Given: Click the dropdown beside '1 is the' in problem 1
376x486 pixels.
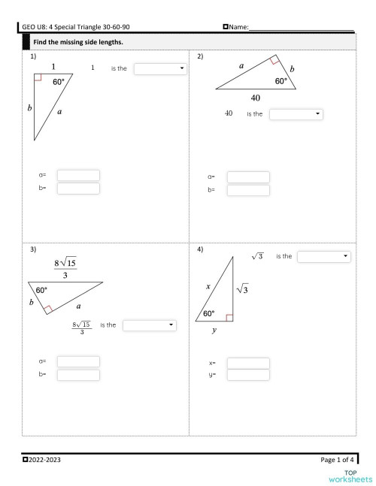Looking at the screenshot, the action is tap(161, 69).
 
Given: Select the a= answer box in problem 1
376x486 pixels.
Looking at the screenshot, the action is tap(78, 175).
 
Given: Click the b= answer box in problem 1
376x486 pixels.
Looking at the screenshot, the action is tap(78, 189).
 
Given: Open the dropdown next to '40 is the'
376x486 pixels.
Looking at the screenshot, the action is tap(296, 114).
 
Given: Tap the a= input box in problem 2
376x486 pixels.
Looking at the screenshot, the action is tap(247, 177).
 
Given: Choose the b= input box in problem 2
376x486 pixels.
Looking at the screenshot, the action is tap(247, 191).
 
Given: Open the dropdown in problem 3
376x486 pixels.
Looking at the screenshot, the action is tap(149, 325).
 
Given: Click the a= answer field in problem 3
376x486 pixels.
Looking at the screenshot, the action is tap(78, 361).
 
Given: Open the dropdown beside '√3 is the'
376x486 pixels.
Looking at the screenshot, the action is tap(324, 257).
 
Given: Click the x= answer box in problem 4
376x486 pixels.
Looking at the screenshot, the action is tap(247, 364).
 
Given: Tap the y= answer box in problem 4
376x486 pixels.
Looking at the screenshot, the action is tap(247, 375).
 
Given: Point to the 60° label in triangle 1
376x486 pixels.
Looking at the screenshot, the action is tap(59, 83).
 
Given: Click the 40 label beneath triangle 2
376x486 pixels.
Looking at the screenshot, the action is tap(256, 98).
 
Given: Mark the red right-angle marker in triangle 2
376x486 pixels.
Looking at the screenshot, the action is tap(275, 60).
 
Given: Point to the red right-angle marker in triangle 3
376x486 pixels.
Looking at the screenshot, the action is tap(47, 308).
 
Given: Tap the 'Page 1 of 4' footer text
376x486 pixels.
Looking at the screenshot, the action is tap(336, 458).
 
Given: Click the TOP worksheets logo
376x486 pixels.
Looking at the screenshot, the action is tap(350, 475).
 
